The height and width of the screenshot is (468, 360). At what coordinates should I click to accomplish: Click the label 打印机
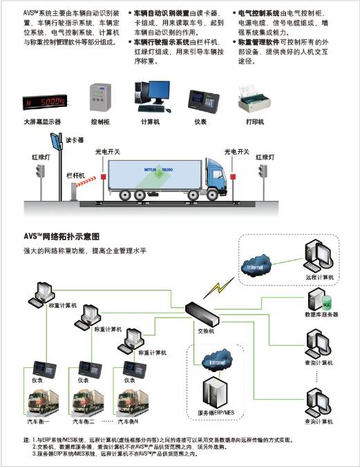point(254,122)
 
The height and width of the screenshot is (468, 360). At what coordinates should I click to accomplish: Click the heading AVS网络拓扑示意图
point(62,236)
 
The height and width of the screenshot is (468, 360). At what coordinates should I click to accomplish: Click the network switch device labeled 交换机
point(207,315)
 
